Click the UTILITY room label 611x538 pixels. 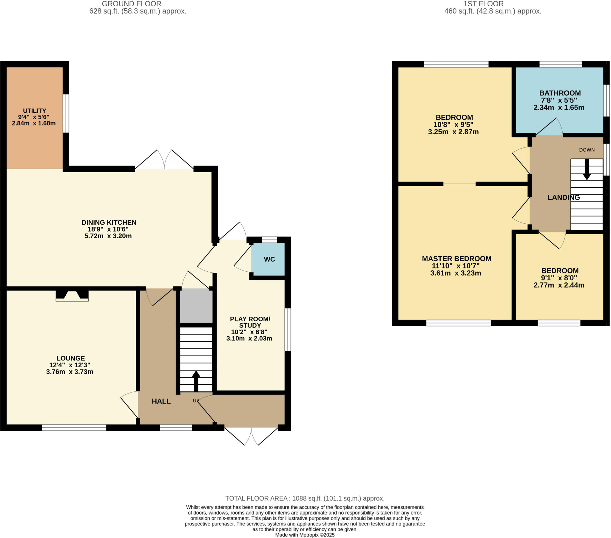[x=34, y=111]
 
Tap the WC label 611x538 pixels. [x=269, y=259]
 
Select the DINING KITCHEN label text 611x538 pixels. [x=109, y=223]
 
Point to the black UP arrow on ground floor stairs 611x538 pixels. [x=196, y=380]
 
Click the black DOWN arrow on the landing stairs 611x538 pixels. [x=587, y=169]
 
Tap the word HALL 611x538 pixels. [x=161, y=401]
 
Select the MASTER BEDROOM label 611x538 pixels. [x=456, y=259]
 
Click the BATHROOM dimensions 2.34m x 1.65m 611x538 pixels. [x=559, y=108]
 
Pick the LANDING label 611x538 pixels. [x=563, y=197]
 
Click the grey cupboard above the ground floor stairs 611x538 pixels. [x=196, y=306]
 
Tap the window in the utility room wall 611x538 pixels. [x=66, y=113]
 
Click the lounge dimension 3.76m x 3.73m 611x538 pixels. [x=70, y=372]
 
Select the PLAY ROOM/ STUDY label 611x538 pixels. [x=250, y=322]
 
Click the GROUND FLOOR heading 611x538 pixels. [x=132, y=4]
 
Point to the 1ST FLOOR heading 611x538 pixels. [x=483, y=4]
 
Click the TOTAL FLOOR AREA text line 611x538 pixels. [x=305, y=498]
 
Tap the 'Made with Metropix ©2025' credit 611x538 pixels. [x=305, y=535]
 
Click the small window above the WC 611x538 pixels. [x=269, y=240]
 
